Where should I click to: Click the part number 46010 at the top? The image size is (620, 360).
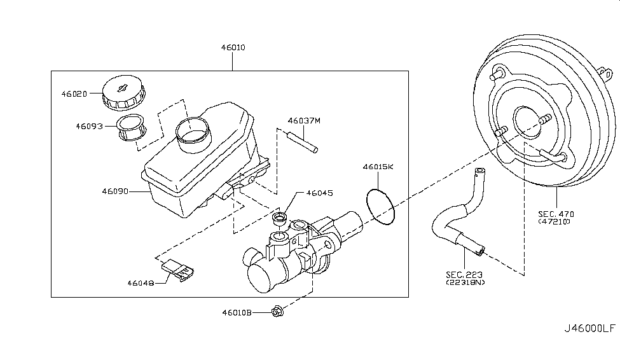point(233,48)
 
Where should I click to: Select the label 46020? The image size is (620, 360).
point(74,93)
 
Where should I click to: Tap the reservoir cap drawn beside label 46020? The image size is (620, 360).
point(124,93)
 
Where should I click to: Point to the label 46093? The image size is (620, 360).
point(89,126)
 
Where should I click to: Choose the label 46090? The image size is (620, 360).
point(115,191)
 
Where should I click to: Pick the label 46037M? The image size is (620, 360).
point(304,121)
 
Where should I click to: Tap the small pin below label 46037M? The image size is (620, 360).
point(303,141)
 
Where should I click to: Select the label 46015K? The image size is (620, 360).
point(378,167)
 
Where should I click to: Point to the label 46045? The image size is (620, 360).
point(319,193)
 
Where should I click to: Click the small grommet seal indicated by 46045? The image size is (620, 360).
point(280,218)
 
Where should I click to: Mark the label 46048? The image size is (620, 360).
point(141,283)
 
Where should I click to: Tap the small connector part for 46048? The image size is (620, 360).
point(178,270)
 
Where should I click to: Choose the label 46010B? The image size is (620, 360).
point(237,312)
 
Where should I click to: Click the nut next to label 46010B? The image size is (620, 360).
point(277,312)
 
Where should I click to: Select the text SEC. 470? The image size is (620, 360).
point(556,214)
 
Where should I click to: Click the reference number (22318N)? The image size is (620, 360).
point(465,282)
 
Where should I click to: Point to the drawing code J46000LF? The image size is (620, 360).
point(589,328)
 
